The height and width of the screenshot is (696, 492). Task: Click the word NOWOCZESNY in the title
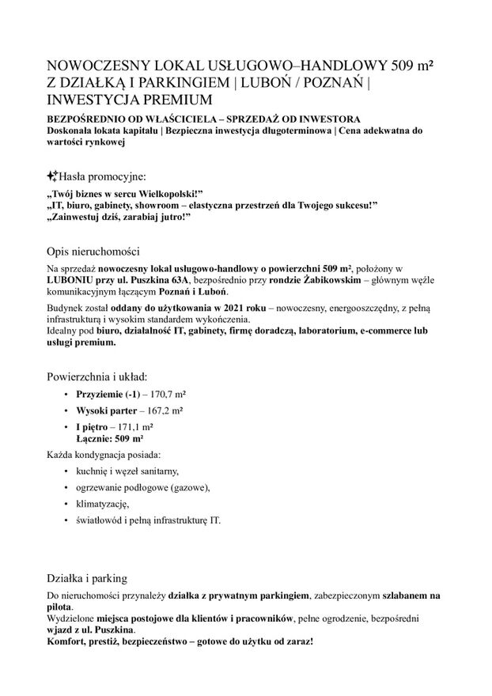click(x=93, y=67)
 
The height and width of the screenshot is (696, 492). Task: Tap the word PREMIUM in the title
click(x=183, y=100)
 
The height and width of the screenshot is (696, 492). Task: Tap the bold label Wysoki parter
click(x=104, y=411)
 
